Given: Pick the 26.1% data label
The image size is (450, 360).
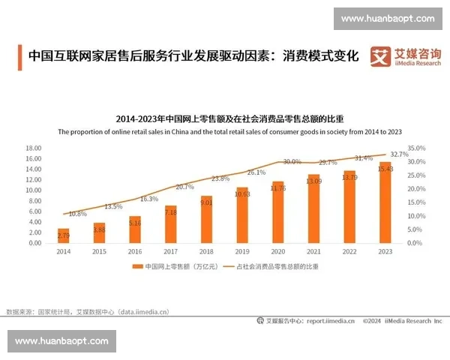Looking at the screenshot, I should pyautogui.click(x=256, y=172).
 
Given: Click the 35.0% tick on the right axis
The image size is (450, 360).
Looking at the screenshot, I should pyautogui.click(x=416, y=148).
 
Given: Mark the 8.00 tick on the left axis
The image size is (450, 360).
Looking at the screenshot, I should pyautogui.click(x=33, y=201).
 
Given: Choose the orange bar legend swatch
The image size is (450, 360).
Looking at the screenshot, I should pyautogui.click(x=137, y=266).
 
